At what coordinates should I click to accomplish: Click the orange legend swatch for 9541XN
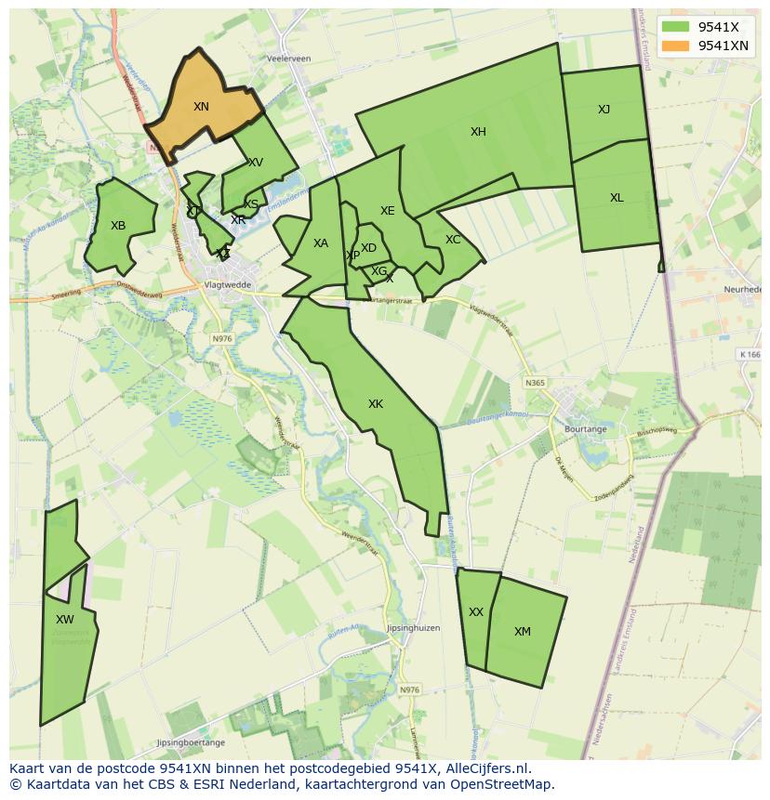click(677, 46)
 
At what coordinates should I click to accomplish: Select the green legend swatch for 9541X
click(677, 27)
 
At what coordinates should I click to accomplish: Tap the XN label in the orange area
click(201, 107)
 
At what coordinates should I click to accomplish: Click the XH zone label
click(478, 132)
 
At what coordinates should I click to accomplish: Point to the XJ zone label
click(604, 110)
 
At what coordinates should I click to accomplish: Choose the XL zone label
click(617, 198)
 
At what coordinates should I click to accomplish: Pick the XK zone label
click(376, 404)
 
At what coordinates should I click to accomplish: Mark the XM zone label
click(523, 632)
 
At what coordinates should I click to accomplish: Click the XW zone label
click(64, 620)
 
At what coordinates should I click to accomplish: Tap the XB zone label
click(118, 226)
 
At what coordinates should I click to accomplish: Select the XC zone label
click(453, 240)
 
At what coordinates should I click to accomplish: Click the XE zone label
click(388, 211)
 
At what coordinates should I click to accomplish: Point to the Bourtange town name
click(585, 429)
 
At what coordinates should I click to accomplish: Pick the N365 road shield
click(535, 383)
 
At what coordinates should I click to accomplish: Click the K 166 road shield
click(750, 354)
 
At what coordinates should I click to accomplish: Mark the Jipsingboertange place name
click(191, 742)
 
